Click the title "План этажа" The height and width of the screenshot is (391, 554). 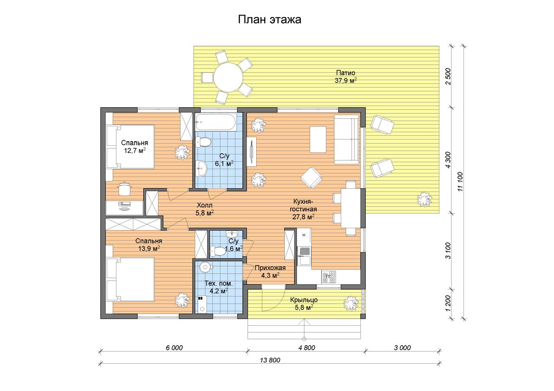[x=270, y=19]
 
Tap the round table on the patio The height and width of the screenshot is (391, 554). [x=228, y=77]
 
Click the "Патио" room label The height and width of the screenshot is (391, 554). [x=345, y=73]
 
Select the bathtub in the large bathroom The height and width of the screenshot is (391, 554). [x=216, y=122]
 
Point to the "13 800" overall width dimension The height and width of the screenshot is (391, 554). [x=270, y=360]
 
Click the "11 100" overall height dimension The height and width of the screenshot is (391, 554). [x=460, y=181]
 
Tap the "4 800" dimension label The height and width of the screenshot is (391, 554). [x=307, y=348]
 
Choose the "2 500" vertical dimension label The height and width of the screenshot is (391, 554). [x=448, y=77]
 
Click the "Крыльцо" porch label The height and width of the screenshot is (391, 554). [x=304, y=300]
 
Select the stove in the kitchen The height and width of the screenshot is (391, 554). [x=329, y=277]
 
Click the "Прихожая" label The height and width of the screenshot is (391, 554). [x=270, y=268]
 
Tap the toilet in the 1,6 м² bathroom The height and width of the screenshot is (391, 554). [x=218, y=251]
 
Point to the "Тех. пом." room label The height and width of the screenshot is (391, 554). [x=219, y=283]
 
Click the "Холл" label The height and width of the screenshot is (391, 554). [x=205, y=205]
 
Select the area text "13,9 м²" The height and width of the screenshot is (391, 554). [x=149, y=248]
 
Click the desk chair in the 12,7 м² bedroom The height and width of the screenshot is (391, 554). [x=124, y=188]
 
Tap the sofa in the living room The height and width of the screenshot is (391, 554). [x=346, y=140]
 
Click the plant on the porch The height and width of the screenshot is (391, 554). [x=351, y=304]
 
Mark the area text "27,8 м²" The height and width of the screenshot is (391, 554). [x=303, y=217]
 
